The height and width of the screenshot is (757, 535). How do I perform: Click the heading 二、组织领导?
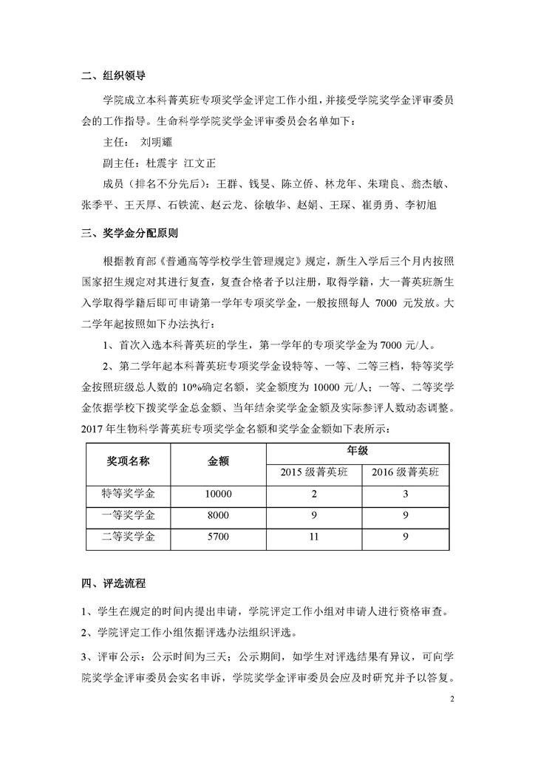click(112, 75)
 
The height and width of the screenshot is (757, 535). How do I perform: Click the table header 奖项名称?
click(129, 461)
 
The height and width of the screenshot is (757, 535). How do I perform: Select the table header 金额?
click(219, 461)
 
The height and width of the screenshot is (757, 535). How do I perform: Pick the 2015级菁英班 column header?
click(313, 472)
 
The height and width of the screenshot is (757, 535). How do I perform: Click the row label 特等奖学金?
click(129, 493)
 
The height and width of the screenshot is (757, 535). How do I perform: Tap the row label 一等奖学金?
click(129, 515)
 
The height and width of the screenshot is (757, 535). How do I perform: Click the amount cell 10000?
click(219, 494)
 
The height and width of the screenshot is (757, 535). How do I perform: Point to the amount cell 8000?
click(219, 515)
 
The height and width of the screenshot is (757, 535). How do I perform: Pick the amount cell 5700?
click(219, 537)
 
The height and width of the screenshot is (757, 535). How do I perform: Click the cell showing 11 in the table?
click(313, 537)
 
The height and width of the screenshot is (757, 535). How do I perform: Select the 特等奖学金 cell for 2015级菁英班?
click(313, 494)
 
